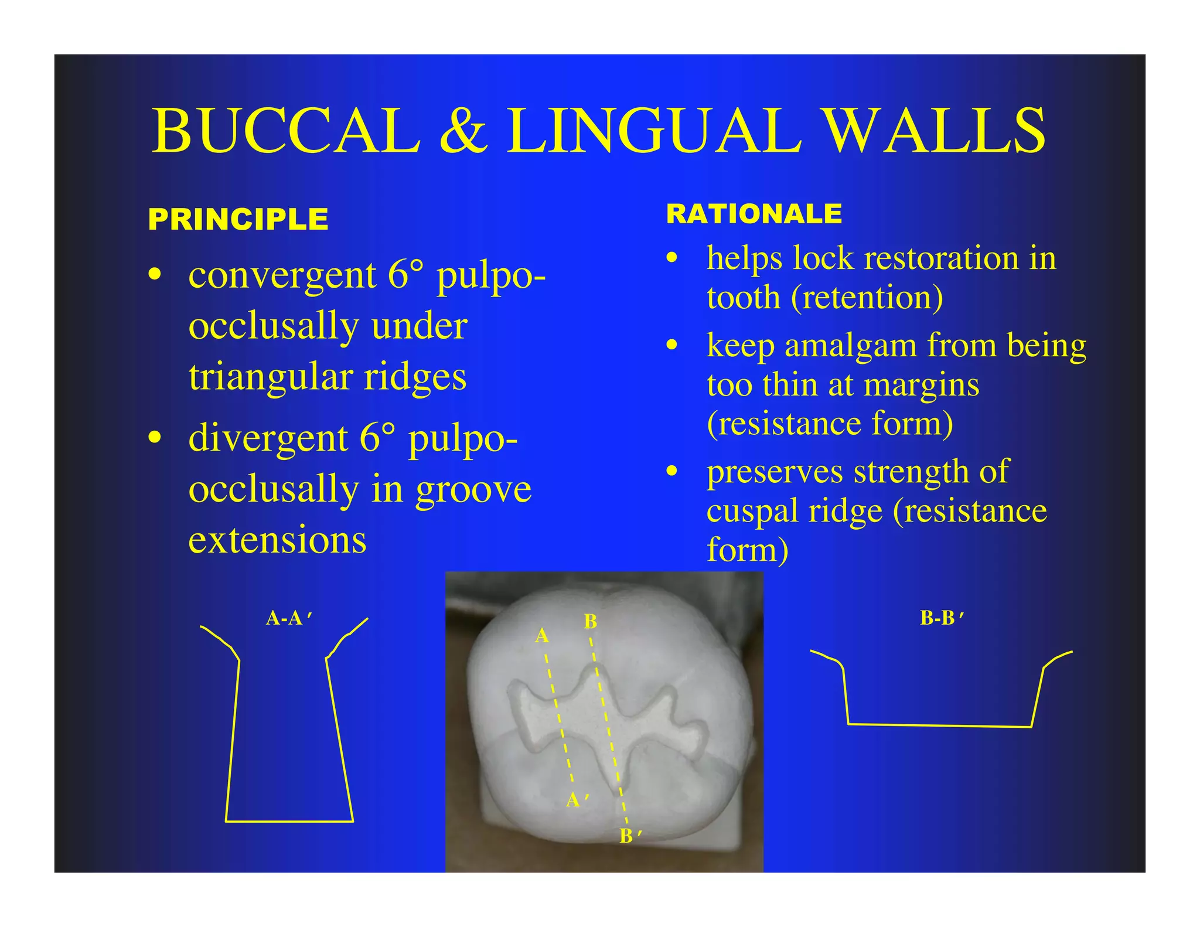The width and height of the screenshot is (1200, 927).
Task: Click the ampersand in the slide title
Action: (x=463, y=131)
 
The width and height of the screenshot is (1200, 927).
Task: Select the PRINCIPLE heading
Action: (x=238, y=220)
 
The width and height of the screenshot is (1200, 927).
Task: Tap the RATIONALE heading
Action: (x=754, y=214)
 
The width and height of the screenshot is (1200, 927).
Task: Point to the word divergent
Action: (x=268, y=438)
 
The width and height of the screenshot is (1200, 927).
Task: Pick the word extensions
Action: (x=277, y=540)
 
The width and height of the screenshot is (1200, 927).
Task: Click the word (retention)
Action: (x=867, y=298)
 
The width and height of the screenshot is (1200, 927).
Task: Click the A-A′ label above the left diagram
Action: (x=289, y=618)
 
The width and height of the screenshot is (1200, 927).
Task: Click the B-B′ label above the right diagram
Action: (x=942, y=618)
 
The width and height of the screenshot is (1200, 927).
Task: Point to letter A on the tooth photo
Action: (x=542, y=636)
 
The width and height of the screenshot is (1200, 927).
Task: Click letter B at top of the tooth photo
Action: (x=590, y=622)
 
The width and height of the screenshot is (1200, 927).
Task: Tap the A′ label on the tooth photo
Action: (x=577, y=800)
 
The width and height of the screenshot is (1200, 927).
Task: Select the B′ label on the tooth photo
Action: (x=630, y=836)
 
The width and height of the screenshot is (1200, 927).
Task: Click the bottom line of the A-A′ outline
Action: (x=289, y=822)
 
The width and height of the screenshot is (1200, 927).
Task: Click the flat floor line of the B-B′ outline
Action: (x=939, y=725)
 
